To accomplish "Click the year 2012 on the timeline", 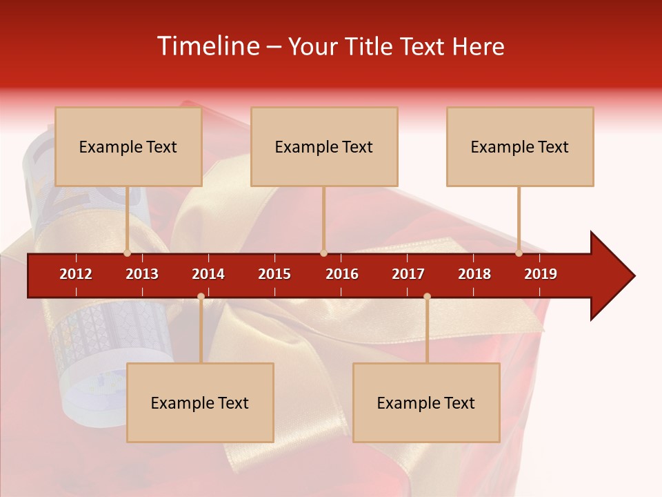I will tap(76, 274).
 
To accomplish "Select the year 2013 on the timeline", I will tap(142, 274).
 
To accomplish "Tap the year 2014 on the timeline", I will tap(208, 274).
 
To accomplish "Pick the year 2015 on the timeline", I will tap(274, 274).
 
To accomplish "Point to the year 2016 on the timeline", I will tap(342, 274).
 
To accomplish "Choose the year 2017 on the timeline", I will tap(408, 274).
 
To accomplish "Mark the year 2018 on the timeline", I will tap(474, 274).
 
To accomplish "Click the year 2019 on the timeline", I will tap(541, 274).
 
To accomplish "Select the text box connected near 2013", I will tap(128, 147).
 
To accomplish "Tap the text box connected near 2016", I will tap(324, 147).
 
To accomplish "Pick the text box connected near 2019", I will tap(520, 147).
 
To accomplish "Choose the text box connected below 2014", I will tap(200, 403).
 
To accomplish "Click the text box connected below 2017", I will tap(426, 403).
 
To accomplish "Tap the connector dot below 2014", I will tap(201, 297).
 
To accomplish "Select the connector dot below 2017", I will tap(427, 297).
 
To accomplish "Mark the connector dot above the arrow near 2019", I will tap(519, 253).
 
